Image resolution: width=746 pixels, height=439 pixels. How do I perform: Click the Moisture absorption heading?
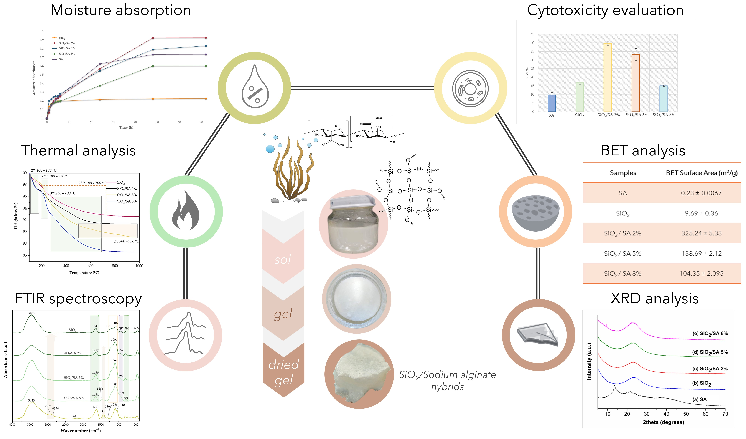[x=121, y=10]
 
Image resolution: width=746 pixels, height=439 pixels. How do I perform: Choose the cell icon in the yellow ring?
[x=470, y=88]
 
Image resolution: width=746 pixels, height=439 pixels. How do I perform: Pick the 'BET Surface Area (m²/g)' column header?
[x=701, y=173]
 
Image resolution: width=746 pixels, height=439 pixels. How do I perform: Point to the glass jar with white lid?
[x=353, y=224]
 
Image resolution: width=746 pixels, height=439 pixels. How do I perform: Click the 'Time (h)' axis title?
[x=126, y=127]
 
